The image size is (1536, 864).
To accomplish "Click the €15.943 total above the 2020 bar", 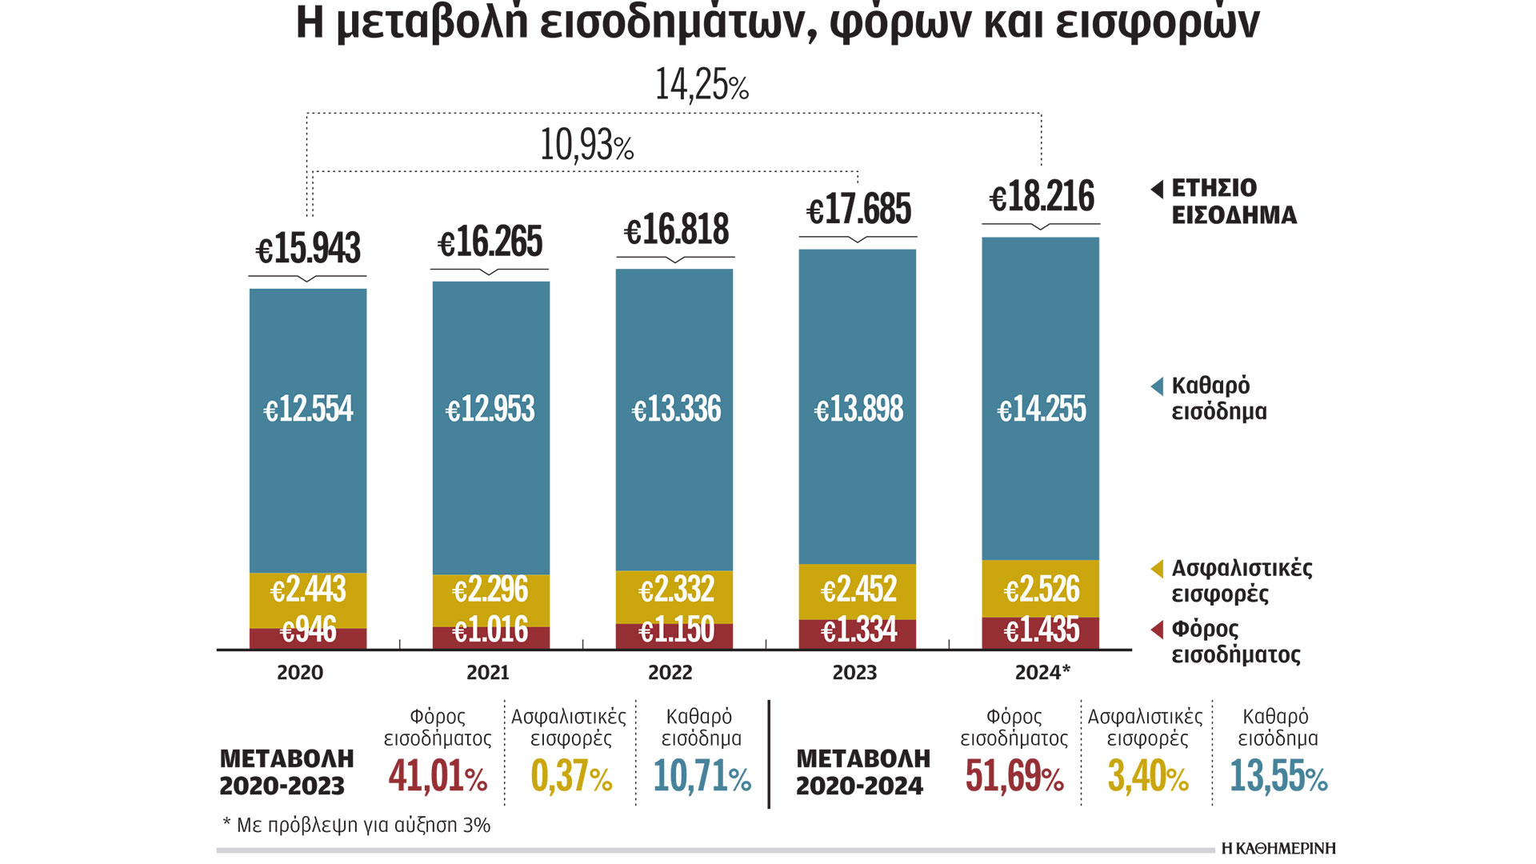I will pyautogui.click(x=308, y=248).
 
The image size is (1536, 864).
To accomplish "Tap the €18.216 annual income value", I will pyautogui.click(x=1042, y=197).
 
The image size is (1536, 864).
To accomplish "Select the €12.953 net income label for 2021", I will pyautogui.click(x=490, y=410).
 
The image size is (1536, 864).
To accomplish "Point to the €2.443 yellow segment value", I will pyautogui.click(x=308, y=590).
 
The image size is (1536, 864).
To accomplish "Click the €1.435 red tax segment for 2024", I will pyautogui.click(x=1042, y=630).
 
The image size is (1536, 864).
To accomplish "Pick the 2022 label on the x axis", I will pyautogui.click(x=670, y=673).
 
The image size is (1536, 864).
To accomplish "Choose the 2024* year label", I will pyautogui.click(x=1042, y=673).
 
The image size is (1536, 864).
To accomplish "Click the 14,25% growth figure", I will pyautogui.click(x=702, y=85).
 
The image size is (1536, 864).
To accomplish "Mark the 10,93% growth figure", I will pyautogui.click(x=586, y=146).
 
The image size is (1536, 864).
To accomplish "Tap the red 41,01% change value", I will pyautogui.click(x=438, y=776).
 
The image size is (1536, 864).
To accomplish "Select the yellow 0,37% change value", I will pyautogui.click(x=571, y=776).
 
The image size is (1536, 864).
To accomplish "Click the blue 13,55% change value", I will pyautogui.click(x=1278, y=776).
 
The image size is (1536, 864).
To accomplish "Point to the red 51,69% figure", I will pyautogui.click(x=1014, y=776).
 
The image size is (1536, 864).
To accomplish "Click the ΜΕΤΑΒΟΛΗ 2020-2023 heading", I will pyautogui.click(x=286, y=772).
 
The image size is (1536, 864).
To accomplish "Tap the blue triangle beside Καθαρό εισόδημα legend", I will pyautogui.click(x=1157, y=387).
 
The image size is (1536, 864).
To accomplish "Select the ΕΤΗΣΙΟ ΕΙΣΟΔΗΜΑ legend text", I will pyautogui.click(x=1234, y=202).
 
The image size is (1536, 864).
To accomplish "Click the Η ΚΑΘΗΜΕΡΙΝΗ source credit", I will pyautogui.click(x=1278, y=849).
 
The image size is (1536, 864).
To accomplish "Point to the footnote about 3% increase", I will pyautogui.click(x=356, y=825).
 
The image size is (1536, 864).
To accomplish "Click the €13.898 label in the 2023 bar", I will pyautogui.click(x=858, y=410).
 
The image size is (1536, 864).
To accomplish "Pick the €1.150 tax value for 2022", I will pyautogui.click(x=676, y=630).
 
